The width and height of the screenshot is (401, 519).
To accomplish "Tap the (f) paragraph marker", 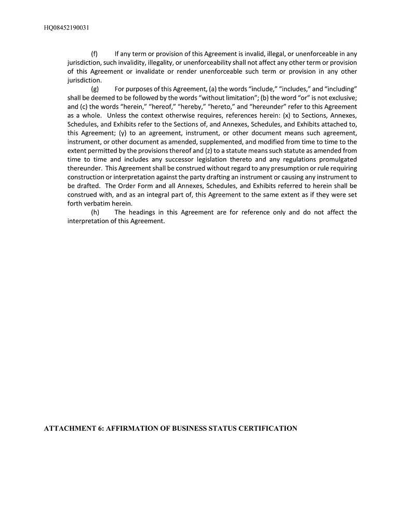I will (x=95, y=53).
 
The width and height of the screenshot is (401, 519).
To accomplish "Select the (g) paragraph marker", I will (x=95, y=89).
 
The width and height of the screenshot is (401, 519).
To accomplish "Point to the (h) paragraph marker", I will (x=95, y=212).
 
